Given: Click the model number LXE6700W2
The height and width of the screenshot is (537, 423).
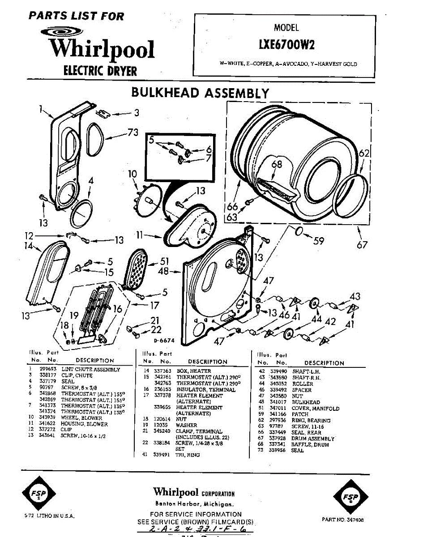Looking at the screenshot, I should point(286,45).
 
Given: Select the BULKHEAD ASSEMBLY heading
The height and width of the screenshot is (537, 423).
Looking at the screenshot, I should point(200,93).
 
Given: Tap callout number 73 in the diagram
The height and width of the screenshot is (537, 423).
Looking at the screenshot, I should point(132,132).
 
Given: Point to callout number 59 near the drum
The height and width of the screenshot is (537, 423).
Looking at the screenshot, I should point(318,241).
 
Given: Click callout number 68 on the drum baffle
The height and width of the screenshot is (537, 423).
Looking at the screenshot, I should point(277,164).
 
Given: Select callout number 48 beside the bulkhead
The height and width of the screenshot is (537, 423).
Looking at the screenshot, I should point(163,271).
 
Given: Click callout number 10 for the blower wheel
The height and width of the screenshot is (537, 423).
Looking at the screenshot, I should point(132,174).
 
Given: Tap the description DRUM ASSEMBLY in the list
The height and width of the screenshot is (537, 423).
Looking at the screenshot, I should point(313,439).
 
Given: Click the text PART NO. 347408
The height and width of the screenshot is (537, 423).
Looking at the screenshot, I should point(342,520).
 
